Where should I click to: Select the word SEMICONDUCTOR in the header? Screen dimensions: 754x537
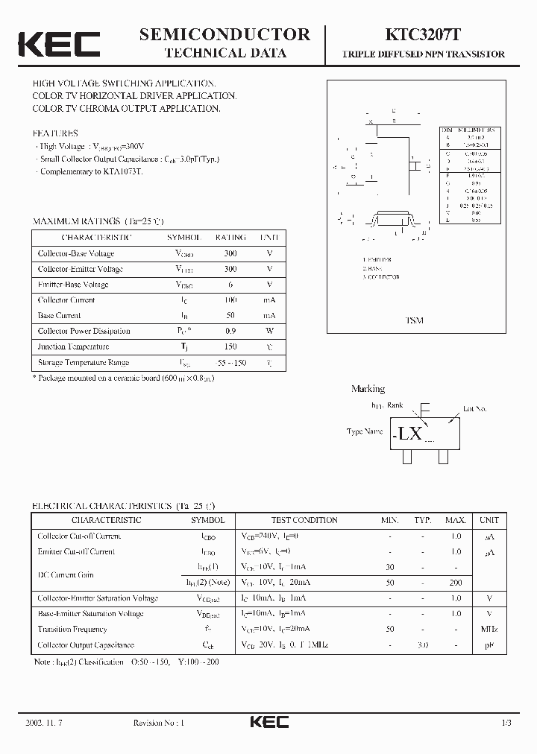(224, 34)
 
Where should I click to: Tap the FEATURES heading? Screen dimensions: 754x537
(55, 133)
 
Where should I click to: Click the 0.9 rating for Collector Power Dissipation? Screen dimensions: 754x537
(230, 331)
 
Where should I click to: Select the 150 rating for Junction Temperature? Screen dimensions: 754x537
(230, 346)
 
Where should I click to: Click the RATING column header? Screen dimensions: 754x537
(230, 238)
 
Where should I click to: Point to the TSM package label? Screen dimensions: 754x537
(414, 320)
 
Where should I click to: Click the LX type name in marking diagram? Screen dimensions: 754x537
(409, 433)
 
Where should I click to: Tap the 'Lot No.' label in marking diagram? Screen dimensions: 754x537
(474, 409)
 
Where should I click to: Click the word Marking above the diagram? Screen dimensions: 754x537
(368, 389)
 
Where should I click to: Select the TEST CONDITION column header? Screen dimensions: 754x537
(304, 520)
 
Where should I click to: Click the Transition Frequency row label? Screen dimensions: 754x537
(72, 630)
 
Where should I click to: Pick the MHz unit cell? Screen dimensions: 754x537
(489, 630)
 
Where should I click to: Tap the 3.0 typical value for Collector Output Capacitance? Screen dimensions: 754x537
(423, 645)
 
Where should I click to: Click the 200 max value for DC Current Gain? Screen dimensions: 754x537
(456, 582)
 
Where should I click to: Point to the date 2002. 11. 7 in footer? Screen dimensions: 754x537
(44, 723)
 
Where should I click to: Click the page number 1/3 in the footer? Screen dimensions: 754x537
(506, 723)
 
